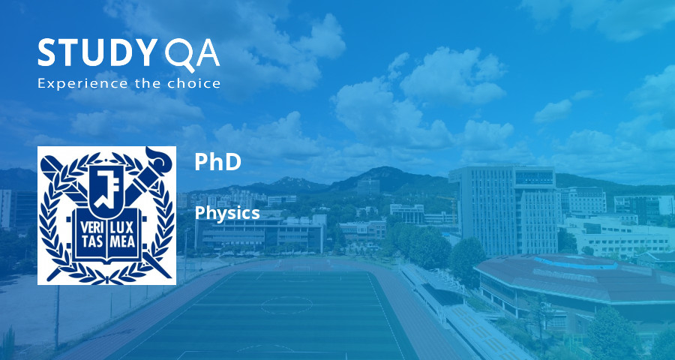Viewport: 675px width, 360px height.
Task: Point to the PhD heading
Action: coord(217,161)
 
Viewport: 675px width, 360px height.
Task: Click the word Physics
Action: coord(226,213)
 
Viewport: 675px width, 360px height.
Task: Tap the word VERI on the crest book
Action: coord(91,228)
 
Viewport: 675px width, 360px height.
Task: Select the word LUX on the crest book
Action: coord(122,228)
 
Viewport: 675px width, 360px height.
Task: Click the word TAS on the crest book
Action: coord(91,241)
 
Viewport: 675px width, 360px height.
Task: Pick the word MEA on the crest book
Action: coord(122,241)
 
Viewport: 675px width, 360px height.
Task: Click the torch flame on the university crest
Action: coord(160,158)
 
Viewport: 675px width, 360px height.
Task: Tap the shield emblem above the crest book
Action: coord(106,190)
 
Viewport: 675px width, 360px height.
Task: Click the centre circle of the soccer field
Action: coord(286,305)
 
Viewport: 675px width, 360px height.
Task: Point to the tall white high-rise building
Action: coord(504,210)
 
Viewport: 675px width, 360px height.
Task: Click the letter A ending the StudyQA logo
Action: coord(208,53)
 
